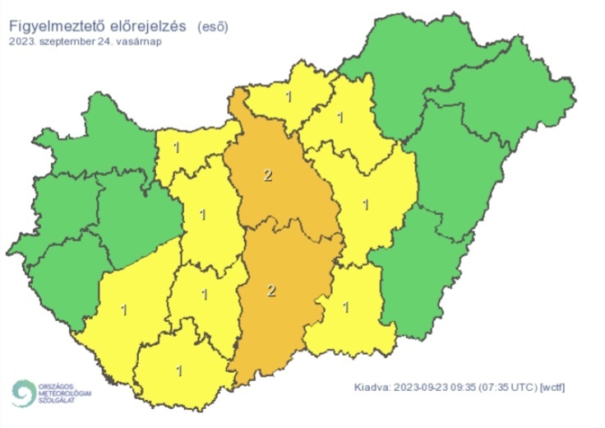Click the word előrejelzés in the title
pos(148,26)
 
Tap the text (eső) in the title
pos(213,26)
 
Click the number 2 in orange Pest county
pos(267,174)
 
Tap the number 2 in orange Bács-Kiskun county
pos(271,290)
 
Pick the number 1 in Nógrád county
pos(288,97)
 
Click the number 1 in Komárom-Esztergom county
pos(178,149)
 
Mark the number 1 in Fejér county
pos(203,216)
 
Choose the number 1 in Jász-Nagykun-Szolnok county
pos(365,203)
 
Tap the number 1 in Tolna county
pos(204,294)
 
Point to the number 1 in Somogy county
pos(124,310)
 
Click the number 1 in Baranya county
pos(178,370)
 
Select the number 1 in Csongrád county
pos(346,307)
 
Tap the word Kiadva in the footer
pos(372,387)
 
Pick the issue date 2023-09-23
pos(423,387)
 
